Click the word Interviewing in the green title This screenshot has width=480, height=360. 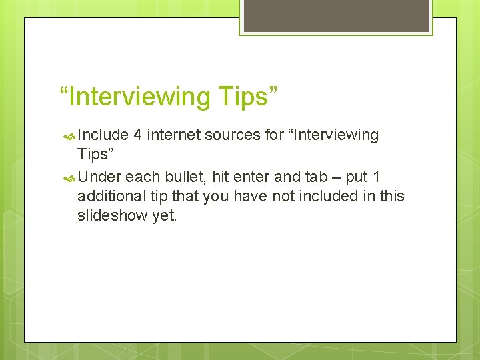(138, 97)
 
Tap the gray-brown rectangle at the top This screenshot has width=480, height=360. (336, 15)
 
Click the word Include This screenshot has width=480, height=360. (103, 135)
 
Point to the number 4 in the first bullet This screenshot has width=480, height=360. (137, 135)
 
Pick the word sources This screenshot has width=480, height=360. (233, 135)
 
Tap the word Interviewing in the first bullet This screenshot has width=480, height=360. (333, 135)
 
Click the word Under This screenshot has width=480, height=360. (99, 177)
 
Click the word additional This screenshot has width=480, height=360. (108, 197)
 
